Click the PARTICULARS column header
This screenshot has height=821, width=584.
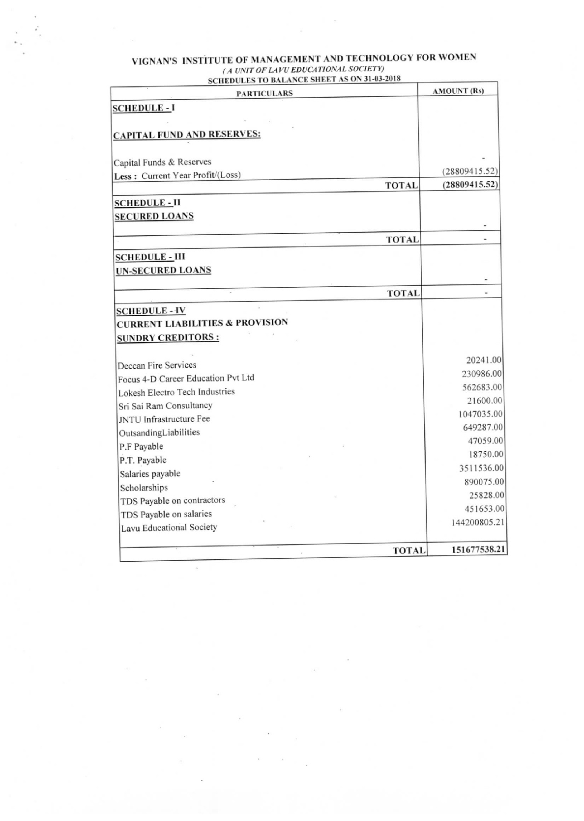(264, 93)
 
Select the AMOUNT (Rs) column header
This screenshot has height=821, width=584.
(458, 91)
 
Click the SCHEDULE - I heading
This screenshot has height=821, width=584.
(144, 108)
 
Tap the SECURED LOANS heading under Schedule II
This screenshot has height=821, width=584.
(154, 216)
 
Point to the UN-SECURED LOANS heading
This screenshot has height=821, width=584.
(163, 270)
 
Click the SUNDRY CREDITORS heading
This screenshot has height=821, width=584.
(168, 338)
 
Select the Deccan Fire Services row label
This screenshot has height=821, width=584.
(157, 365)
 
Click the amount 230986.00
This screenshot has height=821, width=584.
(482, 374)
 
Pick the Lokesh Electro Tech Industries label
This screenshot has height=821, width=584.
(176, 392)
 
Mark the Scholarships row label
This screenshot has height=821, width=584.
(144, 488)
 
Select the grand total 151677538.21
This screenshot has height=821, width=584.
(479, 549)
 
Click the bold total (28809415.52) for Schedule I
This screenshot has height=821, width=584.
(470, 185)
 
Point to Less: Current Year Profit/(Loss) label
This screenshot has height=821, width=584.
(177, 176)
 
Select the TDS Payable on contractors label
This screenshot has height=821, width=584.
(173, 501)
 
